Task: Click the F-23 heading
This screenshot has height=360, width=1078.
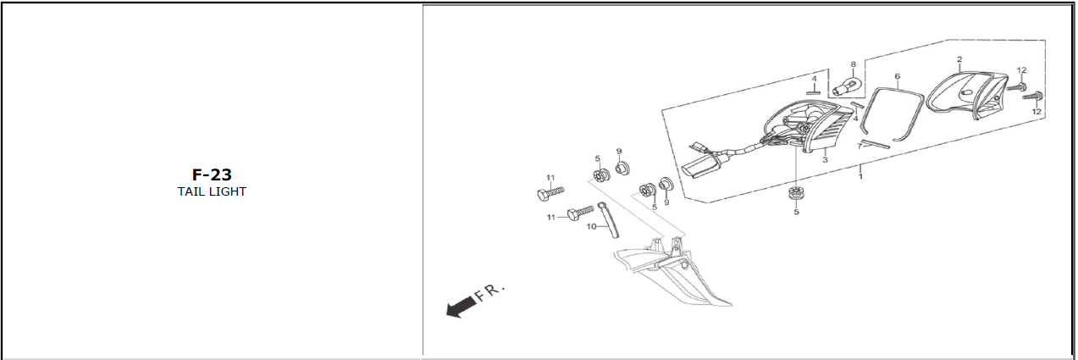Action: [x=211, y=175]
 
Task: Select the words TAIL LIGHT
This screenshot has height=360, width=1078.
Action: [x=211, y=191]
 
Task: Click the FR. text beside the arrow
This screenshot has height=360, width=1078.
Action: [x=490, y=293]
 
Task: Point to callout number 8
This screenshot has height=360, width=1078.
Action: [x=853, y=64]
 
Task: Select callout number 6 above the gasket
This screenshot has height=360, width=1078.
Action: [x=897, y=76]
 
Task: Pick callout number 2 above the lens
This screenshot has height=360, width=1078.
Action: [x=959, y=60]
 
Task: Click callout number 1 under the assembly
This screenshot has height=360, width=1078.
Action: [x=860, y=176]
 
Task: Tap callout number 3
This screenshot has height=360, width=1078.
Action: [x=825, y=159]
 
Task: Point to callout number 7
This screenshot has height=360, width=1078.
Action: [x=859, y=146]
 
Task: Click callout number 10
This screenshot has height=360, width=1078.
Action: [x=592, y=226]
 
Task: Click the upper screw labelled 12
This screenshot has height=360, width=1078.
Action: [x=1016, y=86]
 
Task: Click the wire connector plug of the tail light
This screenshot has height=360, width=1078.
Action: [x=699, y=167]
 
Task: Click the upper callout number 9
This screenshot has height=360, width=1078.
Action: [x=619, y=151]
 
